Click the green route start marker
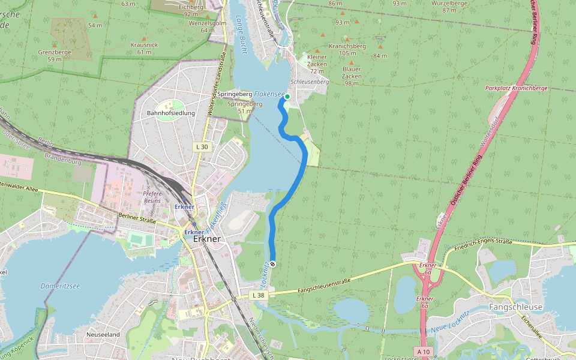tap(287, 97)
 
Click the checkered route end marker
tap(273, 264)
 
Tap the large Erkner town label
tap(208, 239)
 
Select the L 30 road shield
tap(202, 146)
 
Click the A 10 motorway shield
tap(422, 351)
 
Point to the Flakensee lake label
tap(269, 94)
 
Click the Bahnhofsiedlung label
tap(170, 113)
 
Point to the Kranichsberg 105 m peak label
tap(347, 49)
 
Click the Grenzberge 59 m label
tap(55, 55)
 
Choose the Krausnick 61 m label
tap(144, 48)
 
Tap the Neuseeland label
tap(103, 334)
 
